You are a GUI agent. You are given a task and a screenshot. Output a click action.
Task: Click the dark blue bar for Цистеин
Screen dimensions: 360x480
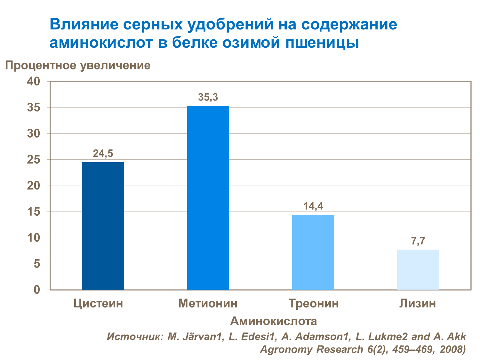click(x=103, y=226)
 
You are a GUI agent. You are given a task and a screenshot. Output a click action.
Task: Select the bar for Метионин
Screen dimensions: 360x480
click(x=208, y=198)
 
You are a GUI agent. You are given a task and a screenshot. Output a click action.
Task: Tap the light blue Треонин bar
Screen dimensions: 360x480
click(x=313, y=252)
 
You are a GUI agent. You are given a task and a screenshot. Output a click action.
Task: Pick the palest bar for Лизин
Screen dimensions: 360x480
click(x=418, y=269)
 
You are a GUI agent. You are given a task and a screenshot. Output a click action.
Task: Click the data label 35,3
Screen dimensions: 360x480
click(x=208, y=97)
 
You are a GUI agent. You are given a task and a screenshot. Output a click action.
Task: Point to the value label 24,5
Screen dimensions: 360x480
click(x=103, y=154)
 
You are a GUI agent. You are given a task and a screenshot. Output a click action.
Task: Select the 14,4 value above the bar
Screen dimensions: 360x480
click(x=313, y=206)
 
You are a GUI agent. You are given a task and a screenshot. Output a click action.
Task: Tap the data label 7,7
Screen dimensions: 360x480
click(x=418, y=241)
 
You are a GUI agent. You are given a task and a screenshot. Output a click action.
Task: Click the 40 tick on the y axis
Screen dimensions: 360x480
click(x=34, y=81)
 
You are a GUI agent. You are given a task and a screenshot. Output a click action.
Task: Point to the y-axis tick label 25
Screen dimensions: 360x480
click(x=34, y=160)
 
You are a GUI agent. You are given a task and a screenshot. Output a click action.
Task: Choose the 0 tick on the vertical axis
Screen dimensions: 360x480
click(x=37, y=290)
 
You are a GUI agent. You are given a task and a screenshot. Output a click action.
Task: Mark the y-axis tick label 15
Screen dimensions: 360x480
click(x=34, y=212)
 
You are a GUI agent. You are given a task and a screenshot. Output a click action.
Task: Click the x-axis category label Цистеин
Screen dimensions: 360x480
click(x=98, y=303)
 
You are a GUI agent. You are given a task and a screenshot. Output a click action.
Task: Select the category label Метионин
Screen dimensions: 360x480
click(x=208, y=303)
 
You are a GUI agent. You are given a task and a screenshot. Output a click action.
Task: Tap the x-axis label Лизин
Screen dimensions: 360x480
click(x=418, y=303)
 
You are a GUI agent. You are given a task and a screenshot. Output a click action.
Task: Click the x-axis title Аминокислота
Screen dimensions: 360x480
click(x=274, y=321)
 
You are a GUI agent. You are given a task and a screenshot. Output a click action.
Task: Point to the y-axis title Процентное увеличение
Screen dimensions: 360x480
click(x=78, y=65)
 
